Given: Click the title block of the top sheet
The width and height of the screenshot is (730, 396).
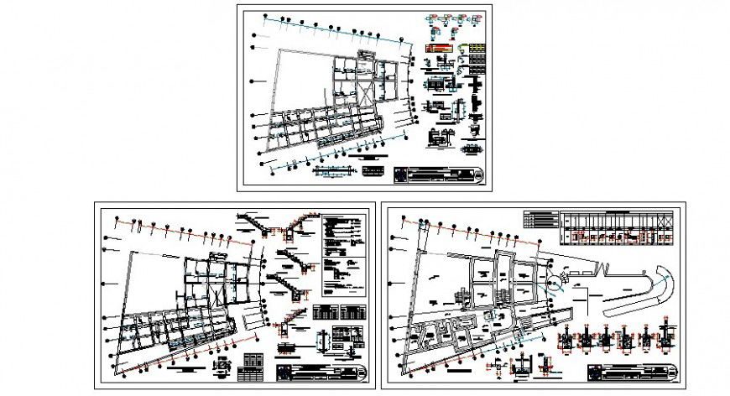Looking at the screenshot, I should tap(440, 175).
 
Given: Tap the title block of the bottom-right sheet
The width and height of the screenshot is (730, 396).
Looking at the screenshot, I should tap(629, 372).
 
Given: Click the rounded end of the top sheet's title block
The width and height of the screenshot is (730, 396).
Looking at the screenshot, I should tap(479, 175).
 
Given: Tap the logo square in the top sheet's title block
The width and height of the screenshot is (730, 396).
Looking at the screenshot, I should tap(399, 175).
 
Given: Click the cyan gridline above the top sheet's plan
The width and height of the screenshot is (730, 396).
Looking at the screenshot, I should tap(336, 32).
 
